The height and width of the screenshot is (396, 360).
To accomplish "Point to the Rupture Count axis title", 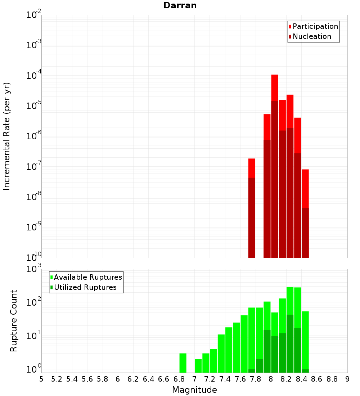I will tap(14, 320).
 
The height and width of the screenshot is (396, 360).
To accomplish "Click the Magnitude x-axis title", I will tap(194, 390).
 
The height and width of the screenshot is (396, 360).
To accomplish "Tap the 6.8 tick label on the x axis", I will tap(179, 379).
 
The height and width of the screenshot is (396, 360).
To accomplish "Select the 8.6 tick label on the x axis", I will tap(317, 379).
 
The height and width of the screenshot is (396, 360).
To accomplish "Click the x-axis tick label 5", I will tap(41, 379).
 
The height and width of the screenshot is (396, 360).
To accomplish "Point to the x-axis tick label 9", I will tap(347, 379).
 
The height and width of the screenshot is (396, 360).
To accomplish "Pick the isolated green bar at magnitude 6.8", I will tap(183, 363).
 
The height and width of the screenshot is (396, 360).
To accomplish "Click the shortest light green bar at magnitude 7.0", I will tap(198, 366).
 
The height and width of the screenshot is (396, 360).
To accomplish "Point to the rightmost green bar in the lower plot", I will tap(305, 340).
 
